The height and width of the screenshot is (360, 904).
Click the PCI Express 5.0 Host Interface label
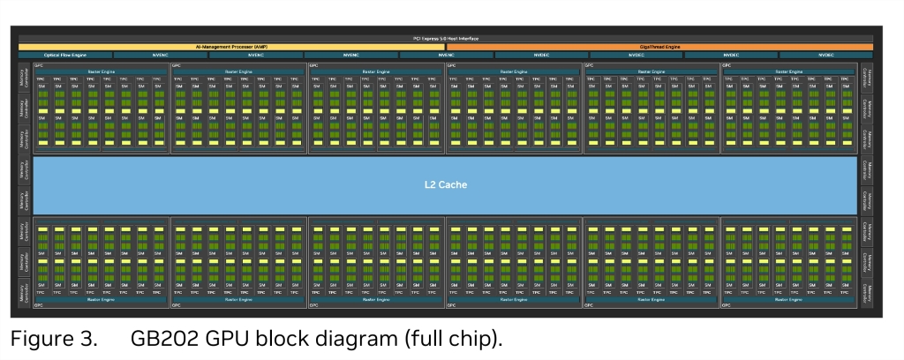(x=445, y=39)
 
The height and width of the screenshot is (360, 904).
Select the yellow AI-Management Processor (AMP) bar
(x=231, y=47)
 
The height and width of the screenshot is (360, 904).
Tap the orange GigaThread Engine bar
(x=659, y=47)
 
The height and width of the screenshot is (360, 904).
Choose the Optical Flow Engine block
(x=64, y=55)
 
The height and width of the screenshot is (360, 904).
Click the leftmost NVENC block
(x=160, y=55)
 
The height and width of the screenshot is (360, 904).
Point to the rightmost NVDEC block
(x=826, y=55)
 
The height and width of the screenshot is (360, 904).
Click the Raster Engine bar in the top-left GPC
(x=101, y=71)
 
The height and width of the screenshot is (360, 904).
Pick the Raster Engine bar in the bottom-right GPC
(x=789, y=299)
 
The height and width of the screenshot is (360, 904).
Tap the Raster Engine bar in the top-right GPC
(x=789, y=71)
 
